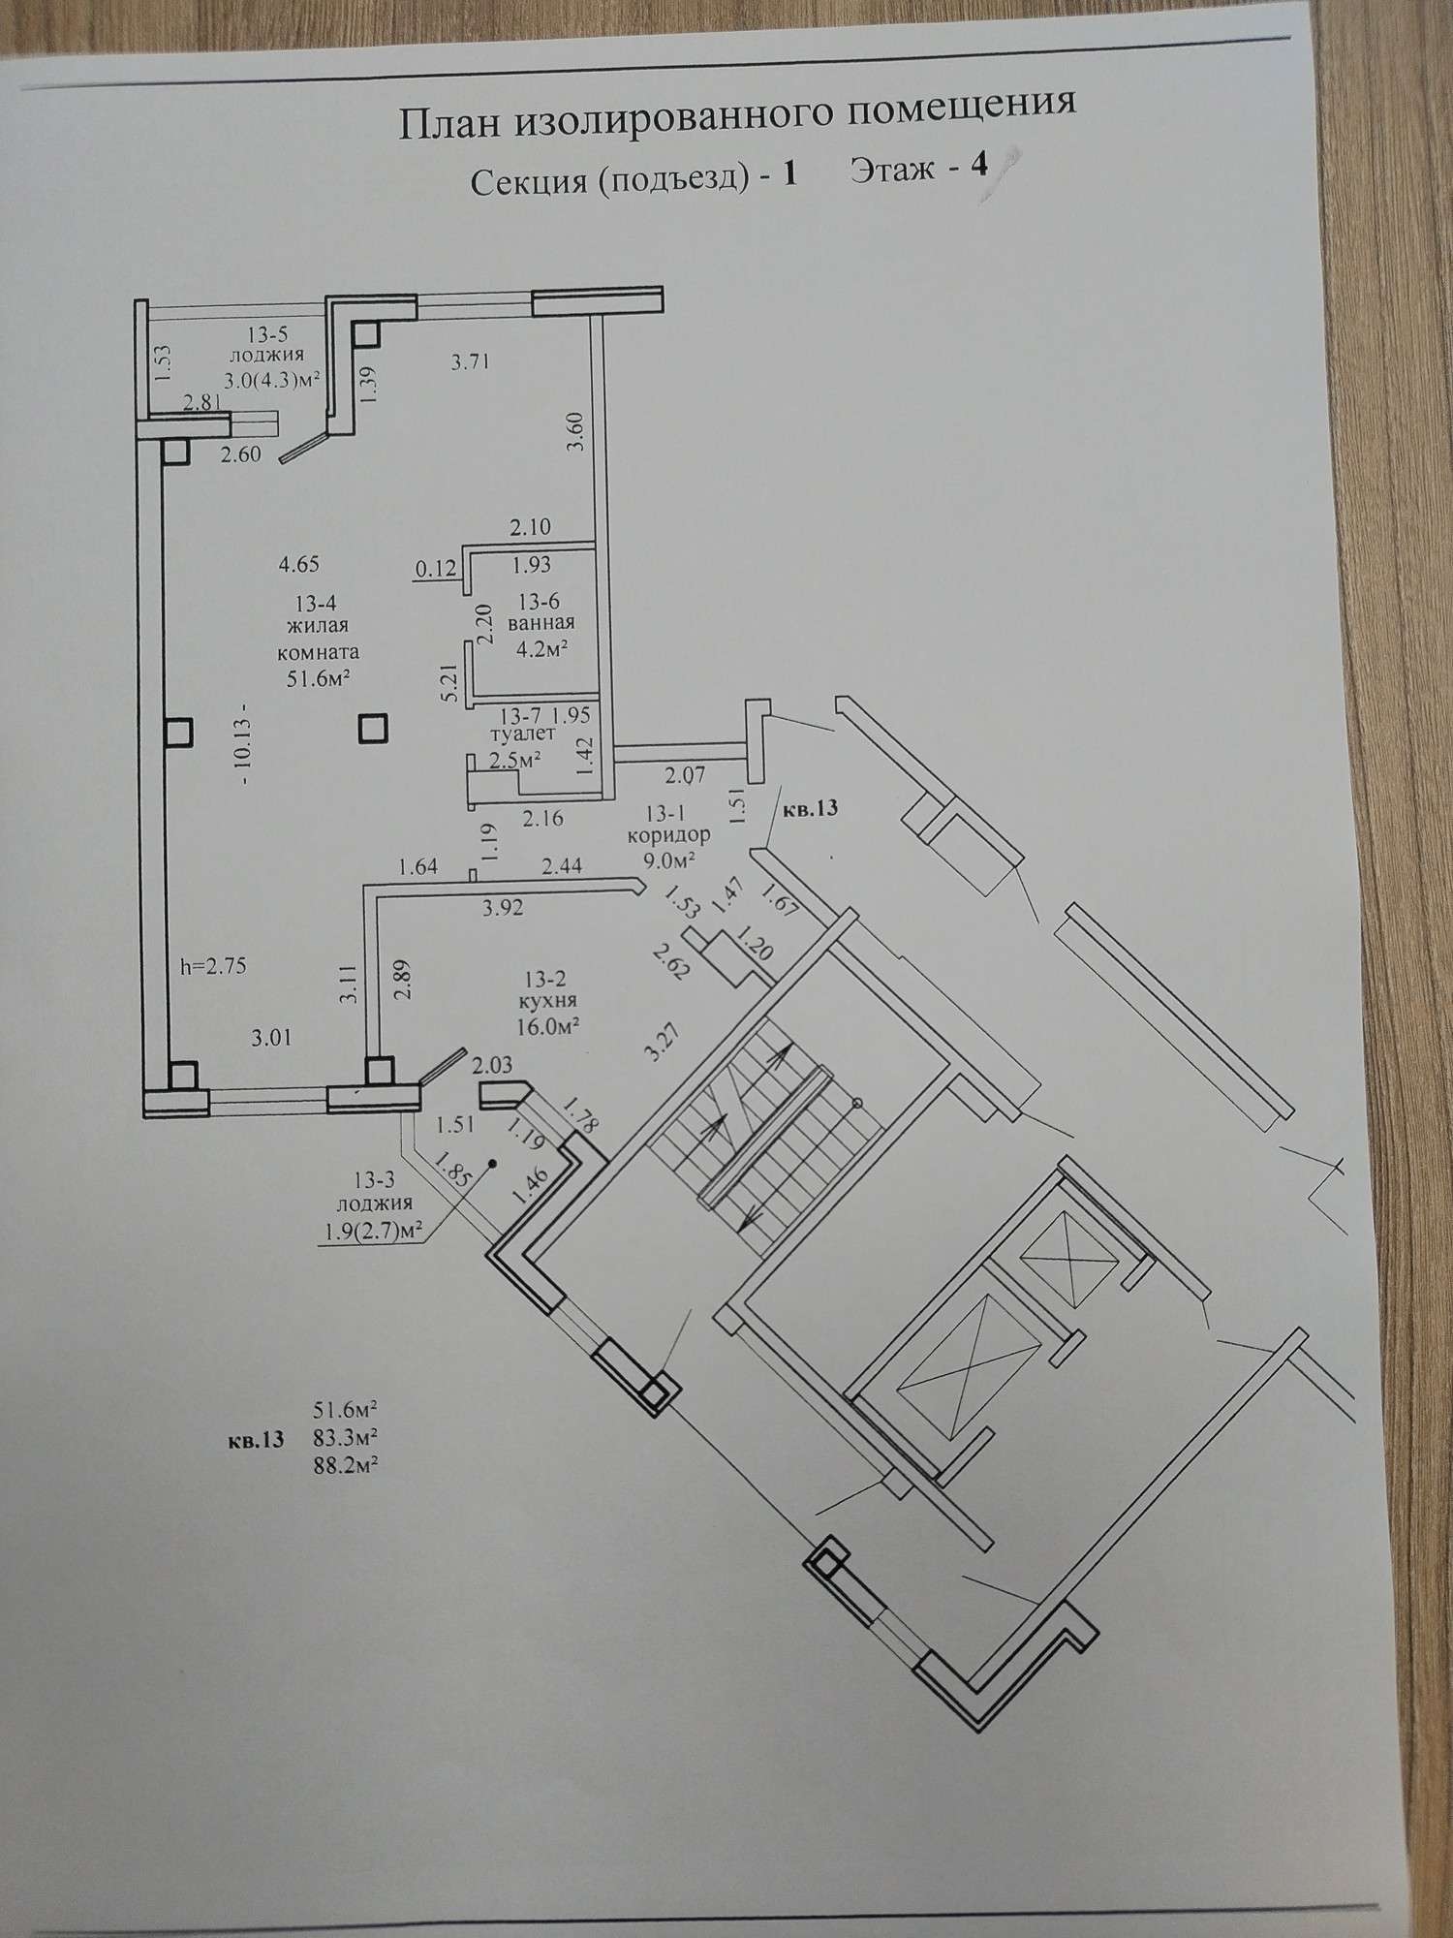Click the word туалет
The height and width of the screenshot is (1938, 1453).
tap(523, 735)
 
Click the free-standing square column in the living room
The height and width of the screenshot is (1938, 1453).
tap(372, 728)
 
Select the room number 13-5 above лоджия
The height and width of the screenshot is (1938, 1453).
tap(267, 335)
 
